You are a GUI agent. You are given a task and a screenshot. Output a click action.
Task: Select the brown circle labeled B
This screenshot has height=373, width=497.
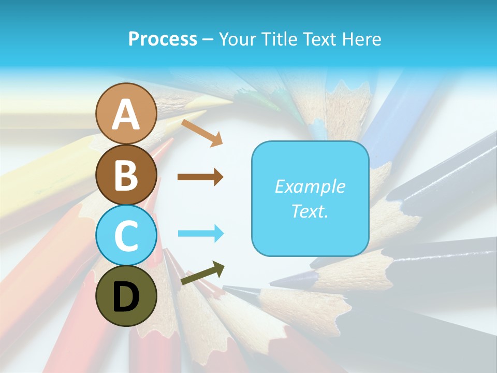[126, 175]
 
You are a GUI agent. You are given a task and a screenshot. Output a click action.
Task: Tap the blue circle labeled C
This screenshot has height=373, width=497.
[126, 235]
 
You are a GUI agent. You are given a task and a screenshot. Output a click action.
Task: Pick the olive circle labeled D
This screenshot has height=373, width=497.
[126, 296]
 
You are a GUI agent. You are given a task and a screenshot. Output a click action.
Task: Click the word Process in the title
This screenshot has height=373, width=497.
[163, 39]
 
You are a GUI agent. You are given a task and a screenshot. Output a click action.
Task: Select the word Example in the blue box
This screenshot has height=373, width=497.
[310, 187]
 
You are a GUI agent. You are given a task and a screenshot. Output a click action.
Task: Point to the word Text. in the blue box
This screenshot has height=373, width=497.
[310, 211]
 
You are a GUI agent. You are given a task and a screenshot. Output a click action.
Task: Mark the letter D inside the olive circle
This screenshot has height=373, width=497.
[126, 297]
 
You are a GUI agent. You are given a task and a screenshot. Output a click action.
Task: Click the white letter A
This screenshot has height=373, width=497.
[126, 114]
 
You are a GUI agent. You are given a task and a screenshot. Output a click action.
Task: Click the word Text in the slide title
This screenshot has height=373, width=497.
[318, 39]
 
